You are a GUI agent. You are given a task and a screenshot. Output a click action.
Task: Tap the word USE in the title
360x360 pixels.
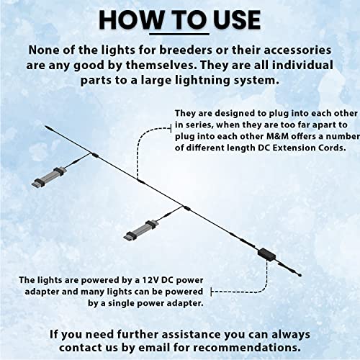237,20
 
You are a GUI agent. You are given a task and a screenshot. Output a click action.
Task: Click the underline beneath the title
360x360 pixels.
179,34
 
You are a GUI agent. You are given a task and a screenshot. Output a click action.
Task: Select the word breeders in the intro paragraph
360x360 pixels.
186,50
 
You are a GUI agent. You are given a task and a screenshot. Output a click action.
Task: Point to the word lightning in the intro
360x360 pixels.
202,81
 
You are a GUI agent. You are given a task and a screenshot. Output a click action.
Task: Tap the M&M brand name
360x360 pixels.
277,136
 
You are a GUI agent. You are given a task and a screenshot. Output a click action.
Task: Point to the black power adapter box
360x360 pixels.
267,254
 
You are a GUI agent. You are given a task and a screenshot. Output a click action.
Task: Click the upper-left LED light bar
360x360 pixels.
49,177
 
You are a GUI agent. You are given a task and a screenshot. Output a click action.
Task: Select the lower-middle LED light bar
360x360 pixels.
141,230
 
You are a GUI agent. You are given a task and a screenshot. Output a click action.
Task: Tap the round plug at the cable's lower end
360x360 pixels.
300,275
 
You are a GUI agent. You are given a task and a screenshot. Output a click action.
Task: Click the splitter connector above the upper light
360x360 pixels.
94,155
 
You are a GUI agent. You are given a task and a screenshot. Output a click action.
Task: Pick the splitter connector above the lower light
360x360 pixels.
186,208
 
